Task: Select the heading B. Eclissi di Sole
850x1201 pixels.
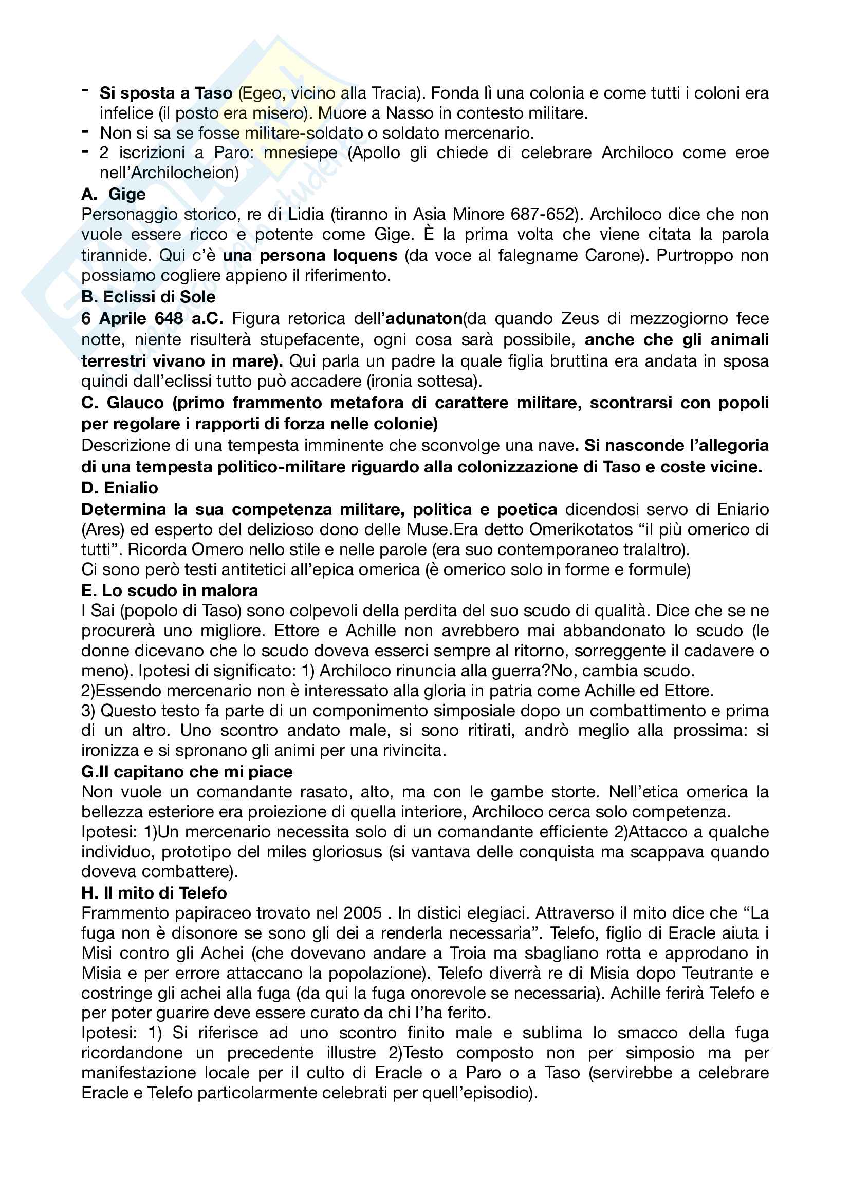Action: [149, 297]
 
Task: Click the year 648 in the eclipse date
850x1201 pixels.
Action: [169, 318]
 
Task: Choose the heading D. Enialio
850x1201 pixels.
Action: [120, 488]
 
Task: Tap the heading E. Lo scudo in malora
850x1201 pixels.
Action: [170, 590]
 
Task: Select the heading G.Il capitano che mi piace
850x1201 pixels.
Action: [187, 772]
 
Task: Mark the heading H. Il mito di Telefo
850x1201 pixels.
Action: [154, 893]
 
